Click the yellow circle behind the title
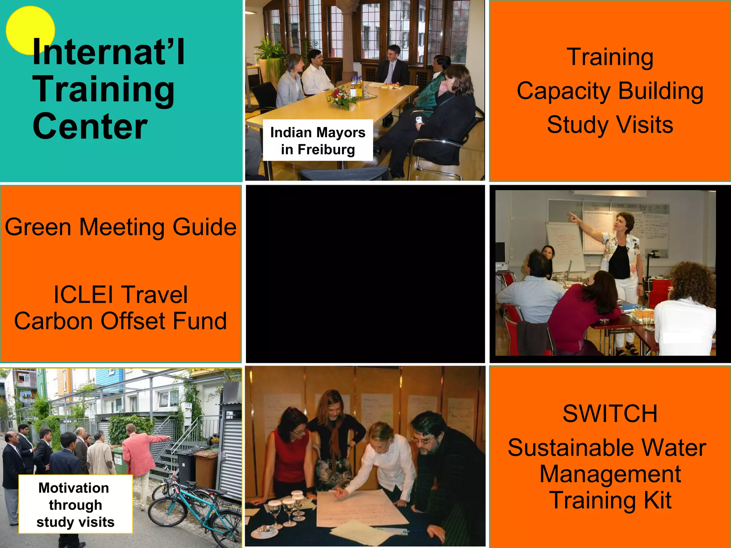[x=21, y=25]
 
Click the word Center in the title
[x=90, y=126]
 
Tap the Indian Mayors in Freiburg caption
[x=318, y=140]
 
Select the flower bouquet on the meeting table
[x=341, y=97]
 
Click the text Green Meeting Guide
[x=121, y=227]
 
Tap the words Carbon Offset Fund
[x=121, y=321]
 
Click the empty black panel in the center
[x=365, y=274]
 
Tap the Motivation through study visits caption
[x=75, y=504]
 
